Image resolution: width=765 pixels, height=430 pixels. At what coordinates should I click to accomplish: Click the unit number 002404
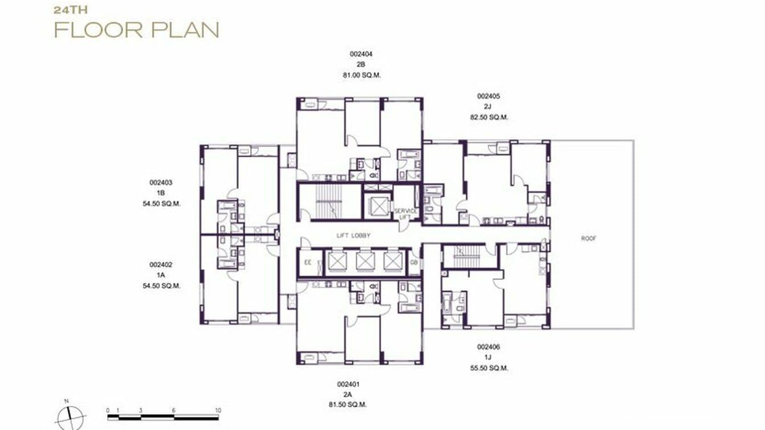(x=361, y=54)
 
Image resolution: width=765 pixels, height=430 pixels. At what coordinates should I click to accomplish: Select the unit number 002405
(x=488, y=96)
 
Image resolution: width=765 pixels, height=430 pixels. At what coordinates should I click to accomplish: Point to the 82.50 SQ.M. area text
(x=489, y=117)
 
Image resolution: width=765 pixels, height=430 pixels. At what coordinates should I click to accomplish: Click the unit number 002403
(x=161, y=182)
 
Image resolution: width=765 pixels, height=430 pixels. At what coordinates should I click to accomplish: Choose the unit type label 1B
(x=161, y=193)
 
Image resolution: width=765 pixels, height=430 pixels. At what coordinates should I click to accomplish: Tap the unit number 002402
(x=161, y=265)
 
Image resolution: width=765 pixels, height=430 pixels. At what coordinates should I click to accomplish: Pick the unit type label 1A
(x=161, y=275)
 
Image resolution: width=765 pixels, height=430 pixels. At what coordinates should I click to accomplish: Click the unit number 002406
(x=488, y=347)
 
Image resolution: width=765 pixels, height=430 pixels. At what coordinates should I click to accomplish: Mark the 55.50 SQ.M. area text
(x=489, y=368)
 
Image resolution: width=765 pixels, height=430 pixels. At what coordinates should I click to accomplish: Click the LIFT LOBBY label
(x=353, y=235)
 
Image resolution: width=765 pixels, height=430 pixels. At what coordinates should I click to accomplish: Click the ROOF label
(x=589, y=238)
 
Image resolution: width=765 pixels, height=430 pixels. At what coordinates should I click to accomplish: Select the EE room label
(x=308, y=263)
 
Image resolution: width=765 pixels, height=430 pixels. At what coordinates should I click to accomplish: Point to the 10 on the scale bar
(x=218, y=410)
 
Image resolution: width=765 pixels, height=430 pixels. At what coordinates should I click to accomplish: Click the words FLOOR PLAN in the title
(x=137, y=29)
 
